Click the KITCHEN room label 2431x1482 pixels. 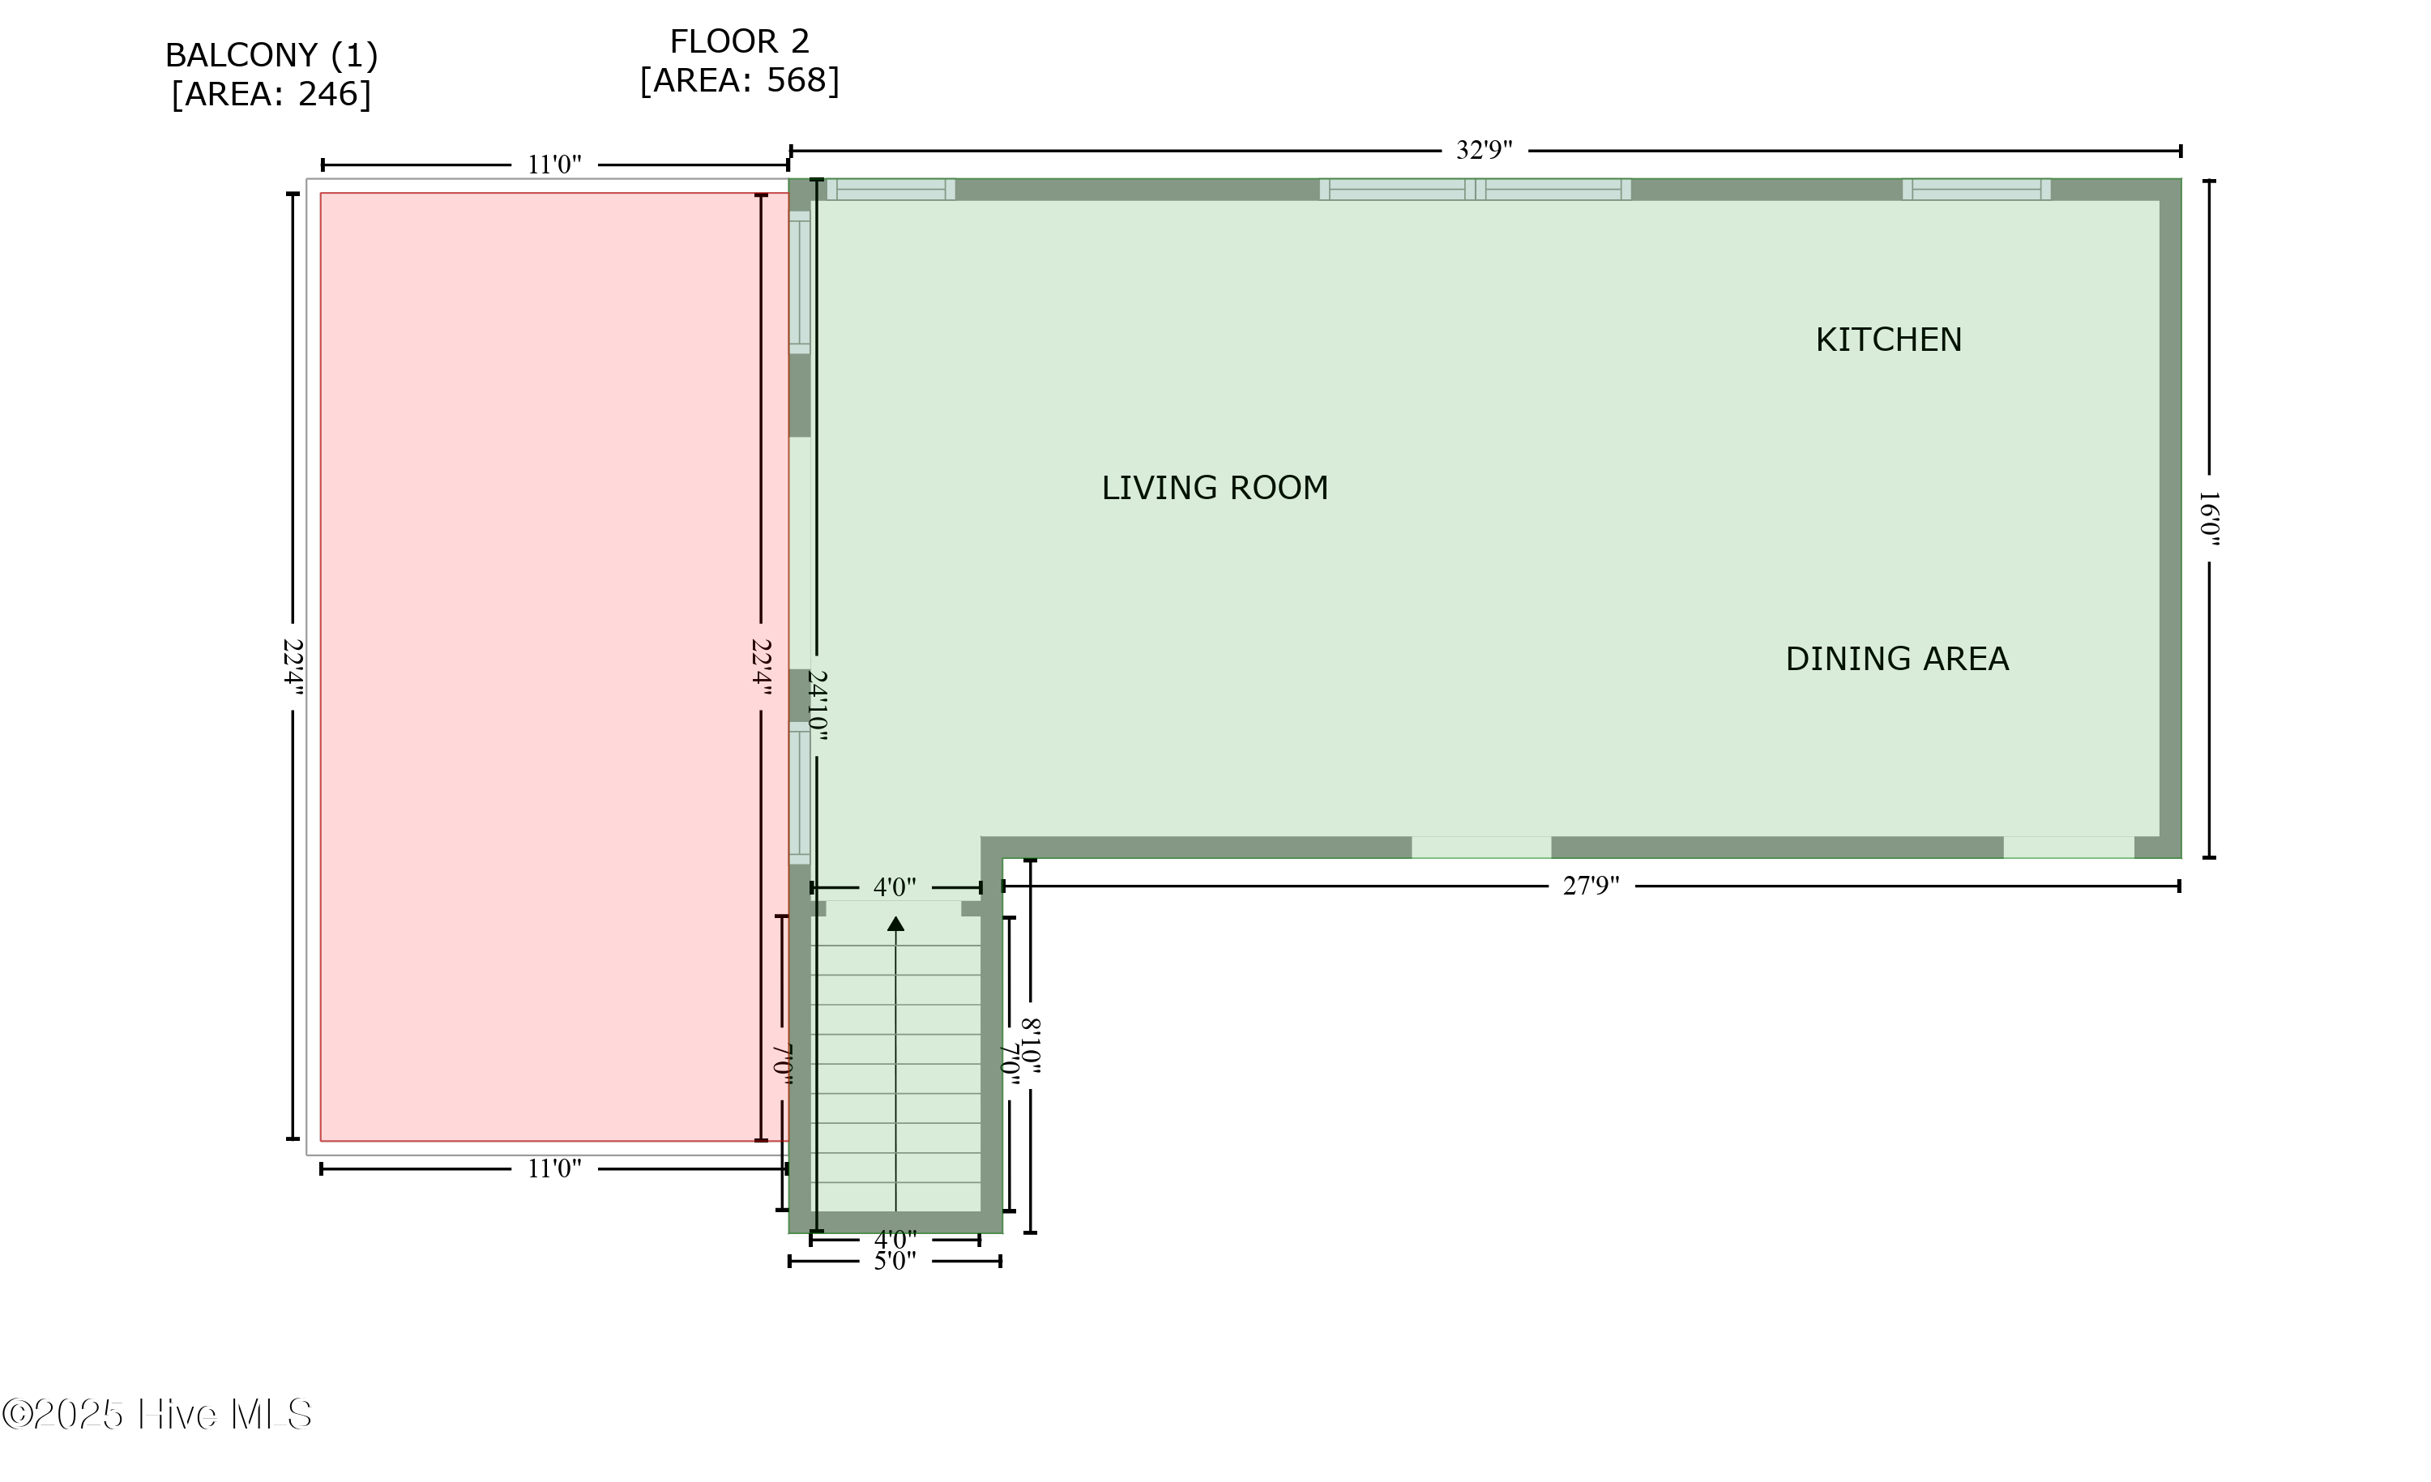click(x=1888, y=340)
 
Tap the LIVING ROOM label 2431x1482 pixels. click(x=1215, y=488)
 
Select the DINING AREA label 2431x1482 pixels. click(x=1896, y=658)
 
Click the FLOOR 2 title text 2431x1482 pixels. click(x=739, y=41)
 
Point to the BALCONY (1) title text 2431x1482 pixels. click(x=271, y=55)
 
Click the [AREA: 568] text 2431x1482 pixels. click(x=739, y=80)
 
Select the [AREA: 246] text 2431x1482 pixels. click(x=271, y=94)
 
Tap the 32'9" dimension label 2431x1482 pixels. click(x=1484, y=150)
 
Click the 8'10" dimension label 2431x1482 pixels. click(x=1031, y=1046)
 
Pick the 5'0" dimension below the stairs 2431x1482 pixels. click(x=895, y=1261)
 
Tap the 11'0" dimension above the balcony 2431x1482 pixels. click(x=554, y=164)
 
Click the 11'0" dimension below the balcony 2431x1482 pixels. click(x=554, y=1168)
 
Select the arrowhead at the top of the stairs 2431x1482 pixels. click(x=896, y=924)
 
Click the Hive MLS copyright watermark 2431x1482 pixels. click(x=157, y=1414)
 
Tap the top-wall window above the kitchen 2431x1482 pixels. click(x=1976, y=190)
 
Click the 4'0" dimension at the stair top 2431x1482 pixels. click(x=895, y=887)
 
